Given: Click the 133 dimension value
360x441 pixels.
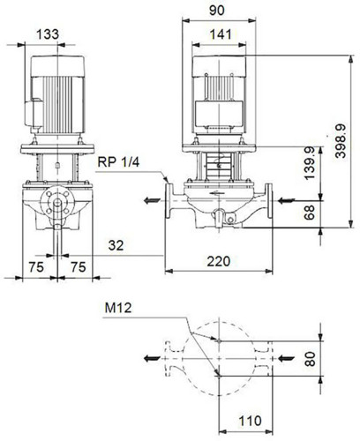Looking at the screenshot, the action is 48,34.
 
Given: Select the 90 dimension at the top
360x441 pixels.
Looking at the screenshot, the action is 217,11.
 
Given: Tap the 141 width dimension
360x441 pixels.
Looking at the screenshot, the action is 221,34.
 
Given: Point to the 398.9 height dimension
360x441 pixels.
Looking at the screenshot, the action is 341,141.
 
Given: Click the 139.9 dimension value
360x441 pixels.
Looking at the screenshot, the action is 310,163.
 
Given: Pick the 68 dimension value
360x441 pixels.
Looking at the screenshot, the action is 310,213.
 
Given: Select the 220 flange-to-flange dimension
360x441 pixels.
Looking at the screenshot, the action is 219,261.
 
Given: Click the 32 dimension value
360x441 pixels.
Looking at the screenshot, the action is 116,245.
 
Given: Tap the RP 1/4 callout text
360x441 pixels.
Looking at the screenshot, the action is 118,162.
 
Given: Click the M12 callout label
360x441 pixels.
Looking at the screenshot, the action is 118,308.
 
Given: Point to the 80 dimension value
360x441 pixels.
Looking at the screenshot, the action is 310,359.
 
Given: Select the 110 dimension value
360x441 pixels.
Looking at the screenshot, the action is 250,421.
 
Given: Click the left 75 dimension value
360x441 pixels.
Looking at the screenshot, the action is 36,267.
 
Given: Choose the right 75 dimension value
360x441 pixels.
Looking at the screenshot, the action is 79,267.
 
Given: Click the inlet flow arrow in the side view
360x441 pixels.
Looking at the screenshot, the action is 286,201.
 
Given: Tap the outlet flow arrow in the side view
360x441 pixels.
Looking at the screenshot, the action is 152,201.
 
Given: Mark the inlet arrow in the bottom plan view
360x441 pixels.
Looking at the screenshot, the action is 286,358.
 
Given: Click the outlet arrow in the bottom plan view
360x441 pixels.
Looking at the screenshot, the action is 152,358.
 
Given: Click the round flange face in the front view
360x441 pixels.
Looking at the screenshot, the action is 57,202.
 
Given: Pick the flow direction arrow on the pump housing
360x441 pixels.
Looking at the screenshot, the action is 217,193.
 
